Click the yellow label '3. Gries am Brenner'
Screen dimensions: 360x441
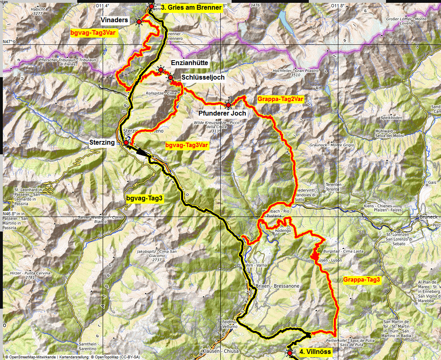point(192,7)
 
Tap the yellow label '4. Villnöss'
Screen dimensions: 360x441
point(315,352)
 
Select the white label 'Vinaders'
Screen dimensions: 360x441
point(115,20)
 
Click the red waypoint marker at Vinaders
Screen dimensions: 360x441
point(139,21)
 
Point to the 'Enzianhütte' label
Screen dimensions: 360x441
point(190,63)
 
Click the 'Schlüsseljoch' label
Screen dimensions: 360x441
point(203,77)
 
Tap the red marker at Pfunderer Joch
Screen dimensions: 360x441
point(228,105)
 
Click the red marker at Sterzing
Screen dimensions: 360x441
point(126,143)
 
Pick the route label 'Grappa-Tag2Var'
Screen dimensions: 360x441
point(280,99)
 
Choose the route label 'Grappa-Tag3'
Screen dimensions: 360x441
point(362,280)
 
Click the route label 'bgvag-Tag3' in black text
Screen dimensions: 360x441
point(144,198)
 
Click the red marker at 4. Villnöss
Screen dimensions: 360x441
point(290,353)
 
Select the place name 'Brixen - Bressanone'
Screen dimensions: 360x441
point(278,286)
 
